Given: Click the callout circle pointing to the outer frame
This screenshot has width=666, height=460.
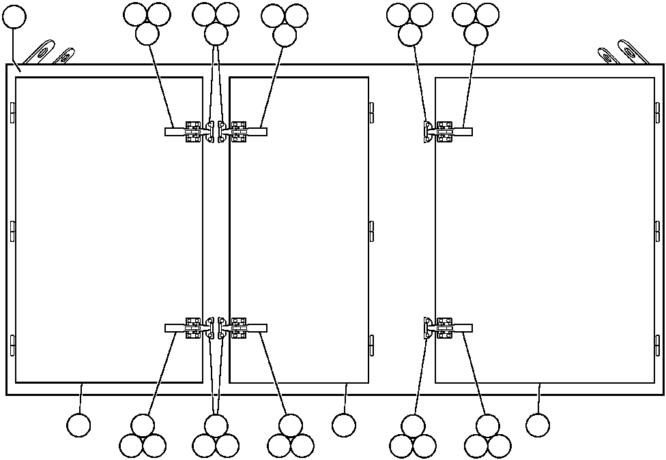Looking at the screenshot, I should [x=14, y=18].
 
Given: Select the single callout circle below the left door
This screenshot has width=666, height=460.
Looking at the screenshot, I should [x=78, y=425].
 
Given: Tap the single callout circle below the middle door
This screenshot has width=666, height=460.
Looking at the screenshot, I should [x=344, y=425].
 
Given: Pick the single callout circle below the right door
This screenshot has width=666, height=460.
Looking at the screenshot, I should [x=538, y=425].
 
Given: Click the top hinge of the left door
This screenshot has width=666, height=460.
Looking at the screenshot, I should [x=12, y=113].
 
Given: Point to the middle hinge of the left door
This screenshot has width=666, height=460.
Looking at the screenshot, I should [x=12, y=231].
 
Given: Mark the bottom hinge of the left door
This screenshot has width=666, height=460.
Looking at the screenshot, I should [x=12, y=346].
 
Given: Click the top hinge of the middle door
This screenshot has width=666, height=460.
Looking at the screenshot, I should [x=371, y=113].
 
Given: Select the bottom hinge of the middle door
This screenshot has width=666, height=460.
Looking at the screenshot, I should [x=371, y=346].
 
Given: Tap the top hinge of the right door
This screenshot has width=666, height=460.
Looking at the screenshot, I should [x=658, y=113].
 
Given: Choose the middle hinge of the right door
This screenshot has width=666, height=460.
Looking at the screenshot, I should [x=658, y=231].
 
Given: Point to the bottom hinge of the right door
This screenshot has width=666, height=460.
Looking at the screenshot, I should [x=658, y=346].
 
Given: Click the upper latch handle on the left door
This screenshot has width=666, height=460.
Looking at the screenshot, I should [x=176, y=132].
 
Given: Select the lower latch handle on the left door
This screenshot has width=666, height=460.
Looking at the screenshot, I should [x=176, y=328].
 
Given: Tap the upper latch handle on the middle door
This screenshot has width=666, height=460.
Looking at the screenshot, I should [x=256, y=132].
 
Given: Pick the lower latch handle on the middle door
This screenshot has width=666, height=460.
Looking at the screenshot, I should [x=256, y=328].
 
